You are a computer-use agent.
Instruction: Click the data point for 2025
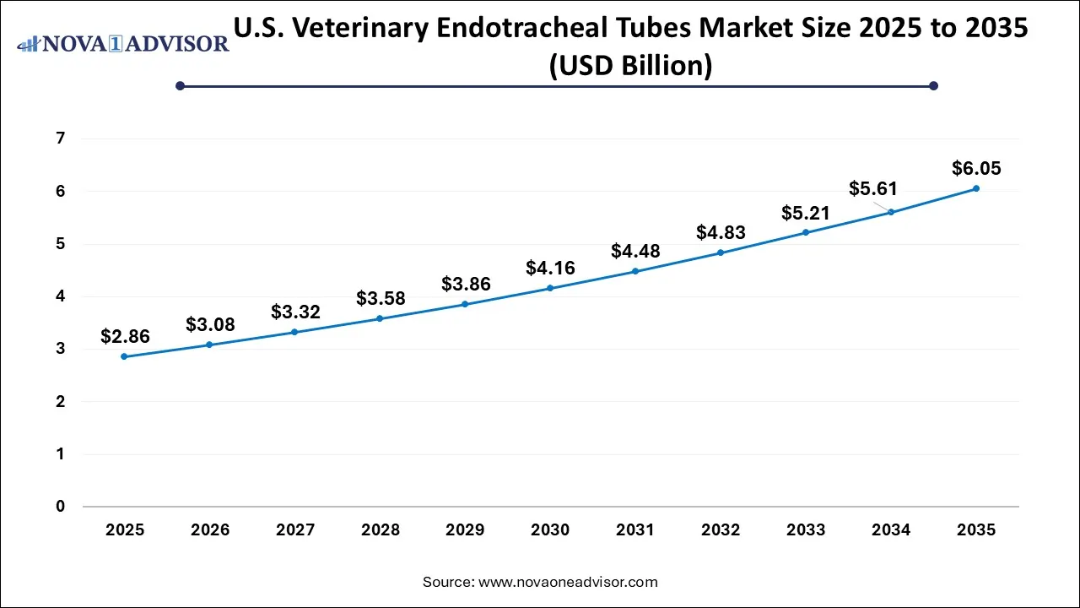[125, 356]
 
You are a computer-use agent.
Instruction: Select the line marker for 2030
[550, 288]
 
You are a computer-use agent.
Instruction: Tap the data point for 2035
[975, 188]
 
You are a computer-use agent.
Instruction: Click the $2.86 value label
[125, 337]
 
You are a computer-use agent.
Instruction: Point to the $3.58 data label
[381, 298]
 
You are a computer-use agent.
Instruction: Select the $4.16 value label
[550, 269]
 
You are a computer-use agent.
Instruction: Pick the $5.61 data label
[873, 188]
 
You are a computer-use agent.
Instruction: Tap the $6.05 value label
[976, 169]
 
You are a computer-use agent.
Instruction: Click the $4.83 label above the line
[721, 233]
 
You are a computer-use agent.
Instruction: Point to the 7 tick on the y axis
[61, 138]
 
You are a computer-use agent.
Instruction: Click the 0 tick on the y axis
[61, 507]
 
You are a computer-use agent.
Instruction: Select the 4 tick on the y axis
[61, 296]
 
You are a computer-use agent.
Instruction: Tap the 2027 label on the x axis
[294, 530]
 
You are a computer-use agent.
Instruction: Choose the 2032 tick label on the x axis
[721, 530]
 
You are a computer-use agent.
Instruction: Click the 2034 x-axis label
[891, 530]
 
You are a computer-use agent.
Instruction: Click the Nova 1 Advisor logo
[123, 42]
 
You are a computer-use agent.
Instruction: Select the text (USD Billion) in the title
[630, 65]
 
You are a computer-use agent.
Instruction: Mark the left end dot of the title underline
[180, 85]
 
